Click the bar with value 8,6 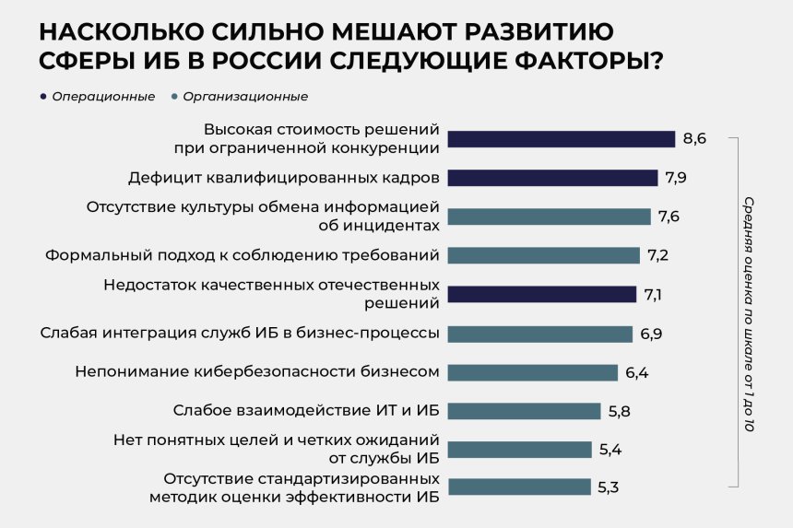tap(562, 139)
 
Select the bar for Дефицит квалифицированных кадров tap(552, 177)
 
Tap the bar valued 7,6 tap(549, 217)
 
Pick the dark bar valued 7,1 tap(542, 295)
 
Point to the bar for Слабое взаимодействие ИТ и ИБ tap(522, 410)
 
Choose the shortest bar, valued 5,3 tap(519, 487)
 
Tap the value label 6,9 tap(651, 334)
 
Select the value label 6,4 tap(636, 372)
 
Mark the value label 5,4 tap(610, 450)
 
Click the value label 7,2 tap(658, 255)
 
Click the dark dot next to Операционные tap(43, 97)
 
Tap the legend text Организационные tap(245, 97)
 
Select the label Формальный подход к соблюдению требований tap(242, 255)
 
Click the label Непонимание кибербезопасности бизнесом tap(255, 372)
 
